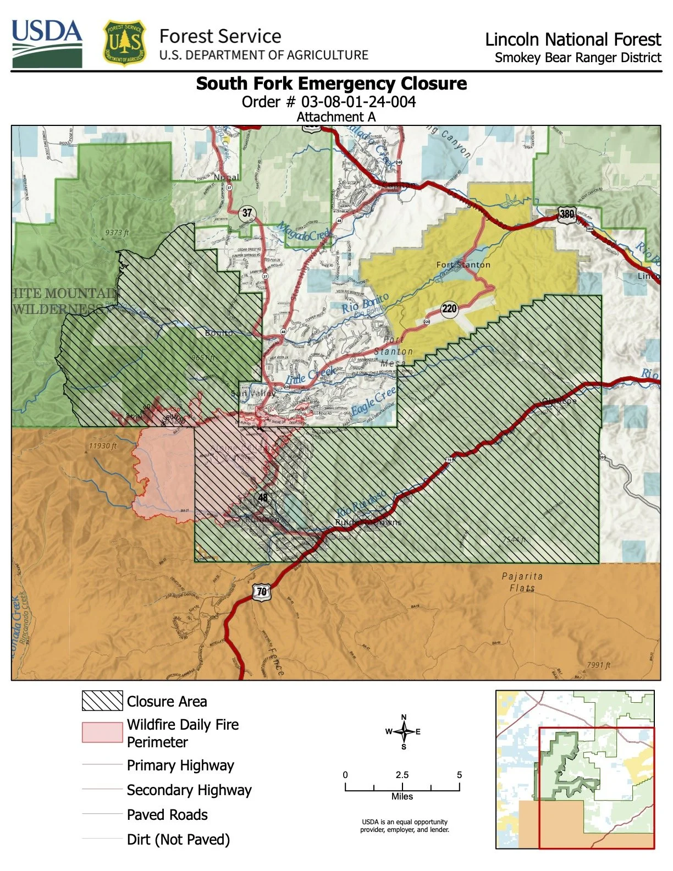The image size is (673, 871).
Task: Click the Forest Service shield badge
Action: coord(125,43)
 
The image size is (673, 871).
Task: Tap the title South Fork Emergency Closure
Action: coord(332,84)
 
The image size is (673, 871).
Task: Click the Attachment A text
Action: coord(336,117)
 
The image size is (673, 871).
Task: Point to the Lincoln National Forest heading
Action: coord(572,40)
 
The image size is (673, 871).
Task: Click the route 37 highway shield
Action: coord(247,213)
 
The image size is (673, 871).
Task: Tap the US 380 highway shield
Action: coord(566,214)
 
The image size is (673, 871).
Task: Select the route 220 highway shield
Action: coord(449,308)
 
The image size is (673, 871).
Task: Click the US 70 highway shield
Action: coord(262,592)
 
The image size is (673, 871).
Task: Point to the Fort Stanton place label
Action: coord(463,264)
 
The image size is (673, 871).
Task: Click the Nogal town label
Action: coord(227,177)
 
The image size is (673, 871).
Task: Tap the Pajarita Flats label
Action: coord(522,582)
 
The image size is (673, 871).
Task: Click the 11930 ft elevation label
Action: coord(103,446)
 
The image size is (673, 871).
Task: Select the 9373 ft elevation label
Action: coord(117,233)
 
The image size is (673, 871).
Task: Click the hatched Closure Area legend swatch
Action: coord(102,701)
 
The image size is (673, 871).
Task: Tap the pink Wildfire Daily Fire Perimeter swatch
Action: coord(102,732)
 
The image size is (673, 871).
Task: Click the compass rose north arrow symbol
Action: coord(404,731)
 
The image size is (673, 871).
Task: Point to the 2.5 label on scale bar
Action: coord(402,775)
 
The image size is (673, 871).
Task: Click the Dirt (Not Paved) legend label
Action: coord(178,840)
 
